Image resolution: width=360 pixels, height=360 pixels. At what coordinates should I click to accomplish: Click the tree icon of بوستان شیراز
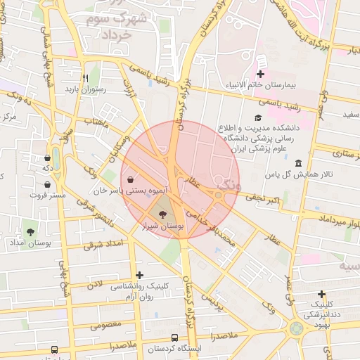click(x=164, y=215)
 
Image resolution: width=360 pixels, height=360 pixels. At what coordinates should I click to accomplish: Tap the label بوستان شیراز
click(x=162, y=227)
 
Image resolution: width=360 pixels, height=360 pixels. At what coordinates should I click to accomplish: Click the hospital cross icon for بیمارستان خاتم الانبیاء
click(x=261, y=74)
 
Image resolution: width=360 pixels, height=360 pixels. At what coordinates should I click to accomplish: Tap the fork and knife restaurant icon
click(x=85, y=78)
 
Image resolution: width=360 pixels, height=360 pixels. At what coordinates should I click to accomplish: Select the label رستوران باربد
click(x=85, y=89)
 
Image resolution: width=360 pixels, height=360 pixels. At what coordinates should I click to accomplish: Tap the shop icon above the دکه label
click(x=47, y=157)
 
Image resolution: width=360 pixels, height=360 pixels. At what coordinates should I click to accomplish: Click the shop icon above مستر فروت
click(x=47, y=184)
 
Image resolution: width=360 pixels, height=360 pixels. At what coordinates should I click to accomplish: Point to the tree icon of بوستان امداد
click(x=30, y=231)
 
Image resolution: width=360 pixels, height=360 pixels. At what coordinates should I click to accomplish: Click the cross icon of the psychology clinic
click(x=140, y=275)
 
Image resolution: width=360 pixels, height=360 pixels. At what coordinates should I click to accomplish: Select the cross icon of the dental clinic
click(x=322, y=294)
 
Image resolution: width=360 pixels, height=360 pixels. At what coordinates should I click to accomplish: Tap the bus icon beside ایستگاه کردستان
click(x=55, y=349)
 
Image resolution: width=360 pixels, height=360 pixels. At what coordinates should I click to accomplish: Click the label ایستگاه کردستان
click(x=174, y=349)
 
